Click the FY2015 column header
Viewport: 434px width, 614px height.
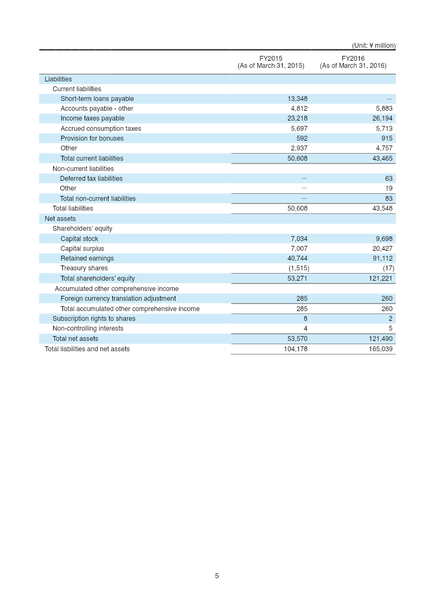[271, 62]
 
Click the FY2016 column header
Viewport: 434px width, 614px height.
[353, 62]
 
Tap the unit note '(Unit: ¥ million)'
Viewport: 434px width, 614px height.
[373, 46]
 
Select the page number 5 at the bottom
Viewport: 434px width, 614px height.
[217, 576]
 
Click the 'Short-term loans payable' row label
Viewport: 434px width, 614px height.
[97, 99]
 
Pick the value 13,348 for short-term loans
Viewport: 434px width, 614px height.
[297, 99]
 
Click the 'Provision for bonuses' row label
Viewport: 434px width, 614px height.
[92, 138]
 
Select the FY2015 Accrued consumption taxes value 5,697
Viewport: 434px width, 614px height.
[299, 129]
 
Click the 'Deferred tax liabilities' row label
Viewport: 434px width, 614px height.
[91, 179]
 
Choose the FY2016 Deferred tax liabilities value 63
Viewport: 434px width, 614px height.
[388, 179]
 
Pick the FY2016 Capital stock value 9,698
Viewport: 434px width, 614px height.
[382, 239]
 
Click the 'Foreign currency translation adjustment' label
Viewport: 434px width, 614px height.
[118, 299]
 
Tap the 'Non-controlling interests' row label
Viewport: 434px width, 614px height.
[88, 328]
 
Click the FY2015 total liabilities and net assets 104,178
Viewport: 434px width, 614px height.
[296, 349]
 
